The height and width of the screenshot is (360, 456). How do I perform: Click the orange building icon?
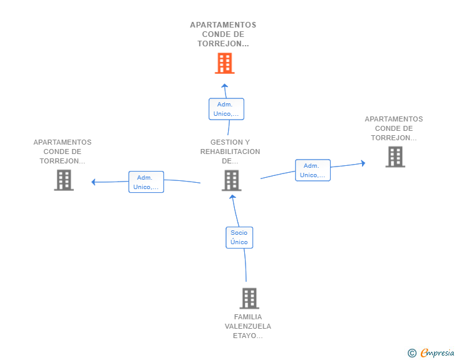224,63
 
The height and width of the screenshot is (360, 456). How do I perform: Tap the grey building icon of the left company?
64,180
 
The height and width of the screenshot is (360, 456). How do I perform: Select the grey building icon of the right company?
395,157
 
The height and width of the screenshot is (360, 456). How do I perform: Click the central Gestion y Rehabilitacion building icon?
232,180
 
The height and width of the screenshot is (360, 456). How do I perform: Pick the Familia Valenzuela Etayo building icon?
249,299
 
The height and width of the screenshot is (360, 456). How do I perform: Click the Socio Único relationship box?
239,237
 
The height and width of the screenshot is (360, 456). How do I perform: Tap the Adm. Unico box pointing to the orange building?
226,109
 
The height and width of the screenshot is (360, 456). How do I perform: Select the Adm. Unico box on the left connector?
147,182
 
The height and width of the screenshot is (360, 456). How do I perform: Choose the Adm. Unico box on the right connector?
313,170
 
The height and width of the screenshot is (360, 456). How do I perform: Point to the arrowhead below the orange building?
224,86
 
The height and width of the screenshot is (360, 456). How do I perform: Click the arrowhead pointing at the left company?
93,182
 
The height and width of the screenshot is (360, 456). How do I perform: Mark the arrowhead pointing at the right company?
363,163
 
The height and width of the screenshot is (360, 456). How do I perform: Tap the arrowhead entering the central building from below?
232,197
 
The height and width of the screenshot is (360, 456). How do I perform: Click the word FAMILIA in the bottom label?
248,317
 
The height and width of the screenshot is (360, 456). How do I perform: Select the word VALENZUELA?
248,326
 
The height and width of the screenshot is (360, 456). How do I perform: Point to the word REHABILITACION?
230,152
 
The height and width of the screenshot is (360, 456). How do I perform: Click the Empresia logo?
437,353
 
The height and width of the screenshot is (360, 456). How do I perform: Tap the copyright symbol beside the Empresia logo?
412,353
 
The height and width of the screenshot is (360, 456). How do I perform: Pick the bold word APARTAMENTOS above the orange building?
223,25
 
